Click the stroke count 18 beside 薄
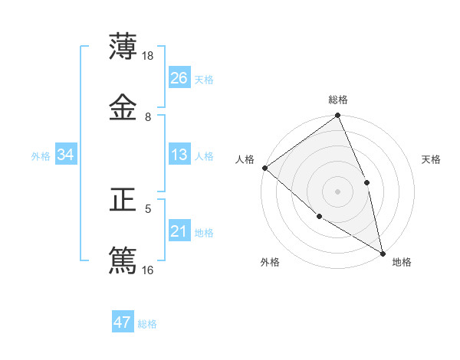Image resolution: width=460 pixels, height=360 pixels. (x=149, y=56)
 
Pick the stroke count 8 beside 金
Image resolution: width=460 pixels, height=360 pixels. (x=148, y=116)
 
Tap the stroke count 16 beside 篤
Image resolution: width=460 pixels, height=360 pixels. (x=149, y=270)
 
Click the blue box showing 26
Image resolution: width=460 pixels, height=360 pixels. (x=179, y=78)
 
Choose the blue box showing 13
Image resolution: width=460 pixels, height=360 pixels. (x=179, y=155)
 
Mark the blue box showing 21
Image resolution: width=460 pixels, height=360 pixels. (x=179, y=231)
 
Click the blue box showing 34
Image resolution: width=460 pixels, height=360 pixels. (x=66, y=155)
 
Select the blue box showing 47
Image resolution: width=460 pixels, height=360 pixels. (x=123, y=322)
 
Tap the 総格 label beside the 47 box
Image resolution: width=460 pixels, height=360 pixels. (x=147, y=324)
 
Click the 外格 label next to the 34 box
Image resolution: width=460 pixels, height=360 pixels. (x=41, y=156)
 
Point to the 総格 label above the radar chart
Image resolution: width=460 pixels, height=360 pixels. (x=338, y=100)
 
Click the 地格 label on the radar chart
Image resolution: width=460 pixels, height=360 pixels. (x=402, y=262)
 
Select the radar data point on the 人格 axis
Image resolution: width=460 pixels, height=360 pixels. (x=264, y=168)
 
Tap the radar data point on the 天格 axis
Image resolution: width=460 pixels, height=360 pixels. (x=366, y=182)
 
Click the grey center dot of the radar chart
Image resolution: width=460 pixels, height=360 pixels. (x=338, y=191)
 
